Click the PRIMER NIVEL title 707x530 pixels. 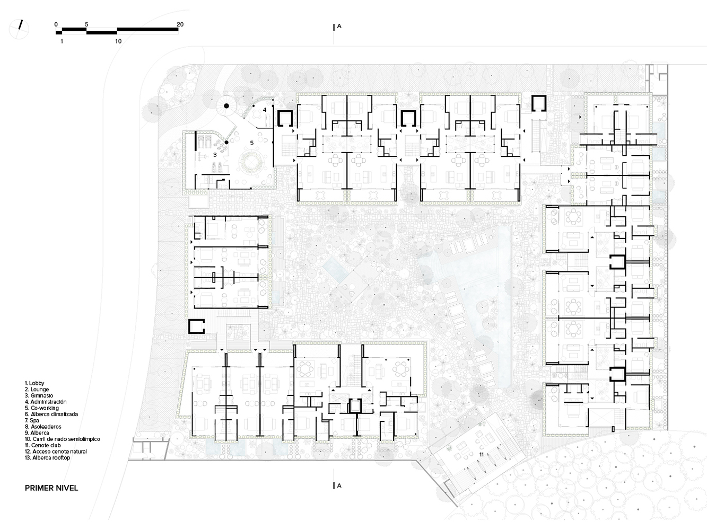(51, 488)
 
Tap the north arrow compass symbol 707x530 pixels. (19, 29)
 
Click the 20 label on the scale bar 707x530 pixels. (180, 24)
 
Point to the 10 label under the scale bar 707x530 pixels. (118, 41)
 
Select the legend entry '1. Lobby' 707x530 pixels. (34, 383)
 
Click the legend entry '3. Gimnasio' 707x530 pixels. (39, 395)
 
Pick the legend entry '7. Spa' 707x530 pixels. (32, 420)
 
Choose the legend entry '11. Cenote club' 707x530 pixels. (43, 445)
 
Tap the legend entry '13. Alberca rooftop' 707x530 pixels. (47, 457)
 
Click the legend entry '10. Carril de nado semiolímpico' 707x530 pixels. (63, 439)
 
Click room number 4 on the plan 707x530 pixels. (265, 110)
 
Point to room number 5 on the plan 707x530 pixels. (252, 143)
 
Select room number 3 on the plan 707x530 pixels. (215, 155)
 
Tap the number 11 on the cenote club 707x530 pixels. (482, 454)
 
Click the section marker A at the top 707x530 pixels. (339, 26)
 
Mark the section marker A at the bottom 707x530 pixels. (339, 485)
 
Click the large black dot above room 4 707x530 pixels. (226, 106)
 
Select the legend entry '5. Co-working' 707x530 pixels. (42, 408)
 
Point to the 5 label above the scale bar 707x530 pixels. (86, 24)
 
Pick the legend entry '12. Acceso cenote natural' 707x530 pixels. (56, 452)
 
